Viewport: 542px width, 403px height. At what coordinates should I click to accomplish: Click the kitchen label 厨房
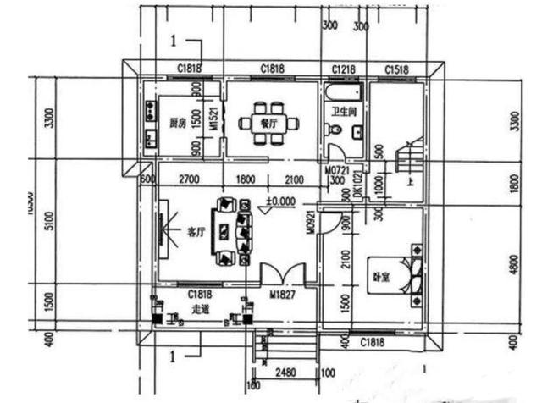177,123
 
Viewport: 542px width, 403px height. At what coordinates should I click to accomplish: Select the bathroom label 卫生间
343,112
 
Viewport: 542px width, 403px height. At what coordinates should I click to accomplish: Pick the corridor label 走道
202,308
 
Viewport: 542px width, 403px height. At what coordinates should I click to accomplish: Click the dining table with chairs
269,122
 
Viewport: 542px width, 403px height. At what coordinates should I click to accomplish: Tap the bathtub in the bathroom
343,91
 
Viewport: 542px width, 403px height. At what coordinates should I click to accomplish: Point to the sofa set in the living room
233,230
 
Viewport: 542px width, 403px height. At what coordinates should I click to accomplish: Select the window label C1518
396,69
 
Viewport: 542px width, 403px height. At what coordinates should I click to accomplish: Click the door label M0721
337,170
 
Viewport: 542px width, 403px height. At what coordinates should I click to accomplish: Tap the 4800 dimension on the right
514,264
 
